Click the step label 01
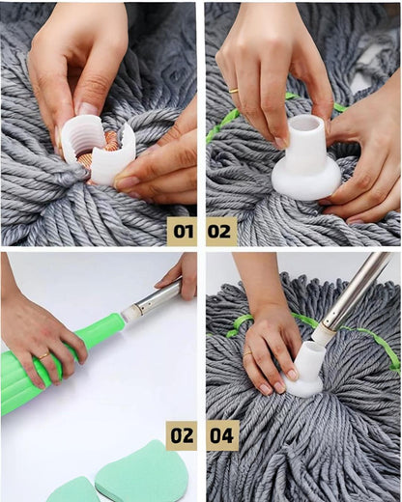tap(182, 231)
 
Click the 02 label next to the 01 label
tap(221, 231)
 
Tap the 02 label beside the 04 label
tap(182, 435)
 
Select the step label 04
tap(221, 435)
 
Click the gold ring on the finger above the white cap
tap(234, 91)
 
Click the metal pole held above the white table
tap(160, 296)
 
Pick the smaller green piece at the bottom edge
tap(73, 489)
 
